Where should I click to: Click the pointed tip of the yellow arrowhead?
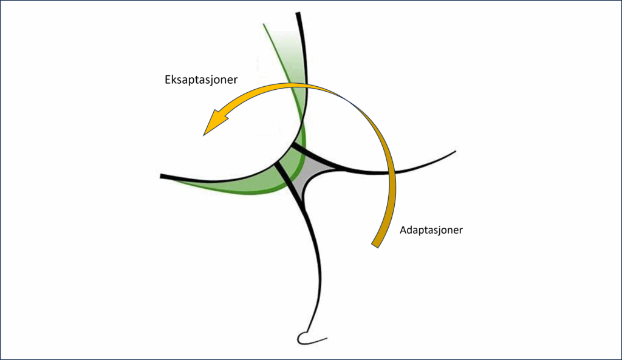(203, 135)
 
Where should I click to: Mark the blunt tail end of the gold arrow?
(375, 245)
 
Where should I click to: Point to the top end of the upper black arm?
(298, 13)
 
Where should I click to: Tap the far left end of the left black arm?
(160, 176)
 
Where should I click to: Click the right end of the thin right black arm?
(455, 151)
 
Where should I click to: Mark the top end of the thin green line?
(264, 24)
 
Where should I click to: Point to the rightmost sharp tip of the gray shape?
(337, 170)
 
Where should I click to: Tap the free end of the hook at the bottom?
(327, 339)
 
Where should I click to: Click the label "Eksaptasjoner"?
(201, 80)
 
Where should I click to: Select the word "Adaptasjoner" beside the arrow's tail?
(431, 230)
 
